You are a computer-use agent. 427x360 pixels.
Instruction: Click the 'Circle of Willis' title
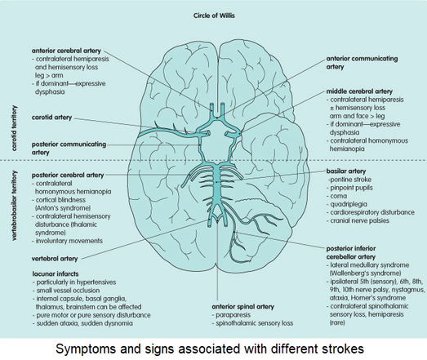click(214, 16)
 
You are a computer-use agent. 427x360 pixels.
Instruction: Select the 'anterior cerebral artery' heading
click(66, 51)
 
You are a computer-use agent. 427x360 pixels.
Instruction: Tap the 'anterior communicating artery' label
click(362, 63)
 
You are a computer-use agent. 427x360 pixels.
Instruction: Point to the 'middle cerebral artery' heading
click(359, 91)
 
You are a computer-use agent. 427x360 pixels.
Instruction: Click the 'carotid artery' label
click(51, 118)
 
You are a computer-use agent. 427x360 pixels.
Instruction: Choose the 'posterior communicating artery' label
click(69, 148)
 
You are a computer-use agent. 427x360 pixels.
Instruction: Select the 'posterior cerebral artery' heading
click(68, 175)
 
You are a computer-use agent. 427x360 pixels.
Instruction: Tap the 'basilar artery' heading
click(346, 171)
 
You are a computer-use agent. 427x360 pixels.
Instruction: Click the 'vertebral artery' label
click(55, 259)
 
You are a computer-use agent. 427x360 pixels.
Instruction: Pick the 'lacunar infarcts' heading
click(56, 273)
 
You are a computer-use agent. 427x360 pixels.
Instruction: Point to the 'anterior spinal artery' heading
click(243, 307)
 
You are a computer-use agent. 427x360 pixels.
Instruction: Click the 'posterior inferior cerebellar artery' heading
click(351, 252)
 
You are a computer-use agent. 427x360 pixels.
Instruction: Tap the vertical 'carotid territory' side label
click(14, 128)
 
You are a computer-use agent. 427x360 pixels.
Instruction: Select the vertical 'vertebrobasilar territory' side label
click(14, 206)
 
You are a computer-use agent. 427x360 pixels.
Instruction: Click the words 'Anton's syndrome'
click(63, 208)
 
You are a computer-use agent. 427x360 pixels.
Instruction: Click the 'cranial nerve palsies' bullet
click(358, 220)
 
